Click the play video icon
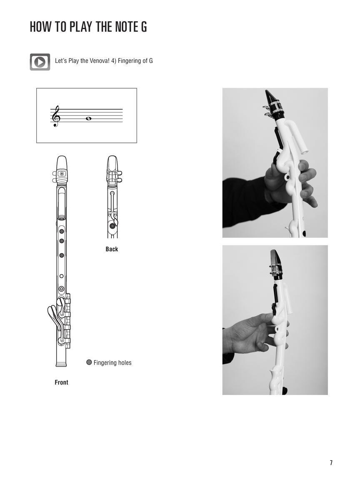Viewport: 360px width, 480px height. [40, 62]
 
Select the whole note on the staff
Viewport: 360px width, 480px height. [88, 119]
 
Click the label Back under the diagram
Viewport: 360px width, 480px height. [112, 249]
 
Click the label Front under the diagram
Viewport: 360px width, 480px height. [61, 382]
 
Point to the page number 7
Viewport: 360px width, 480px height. [331, 463]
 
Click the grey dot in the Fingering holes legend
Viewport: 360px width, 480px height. [89, 362]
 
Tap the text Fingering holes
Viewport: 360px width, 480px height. [112, 363]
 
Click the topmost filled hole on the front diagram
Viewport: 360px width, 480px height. [62, 231]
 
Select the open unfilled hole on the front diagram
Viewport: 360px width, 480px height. [62, 276]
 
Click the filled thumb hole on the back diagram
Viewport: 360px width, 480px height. [112, 226]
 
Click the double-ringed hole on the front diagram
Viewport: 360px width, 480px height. [62, 289]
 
